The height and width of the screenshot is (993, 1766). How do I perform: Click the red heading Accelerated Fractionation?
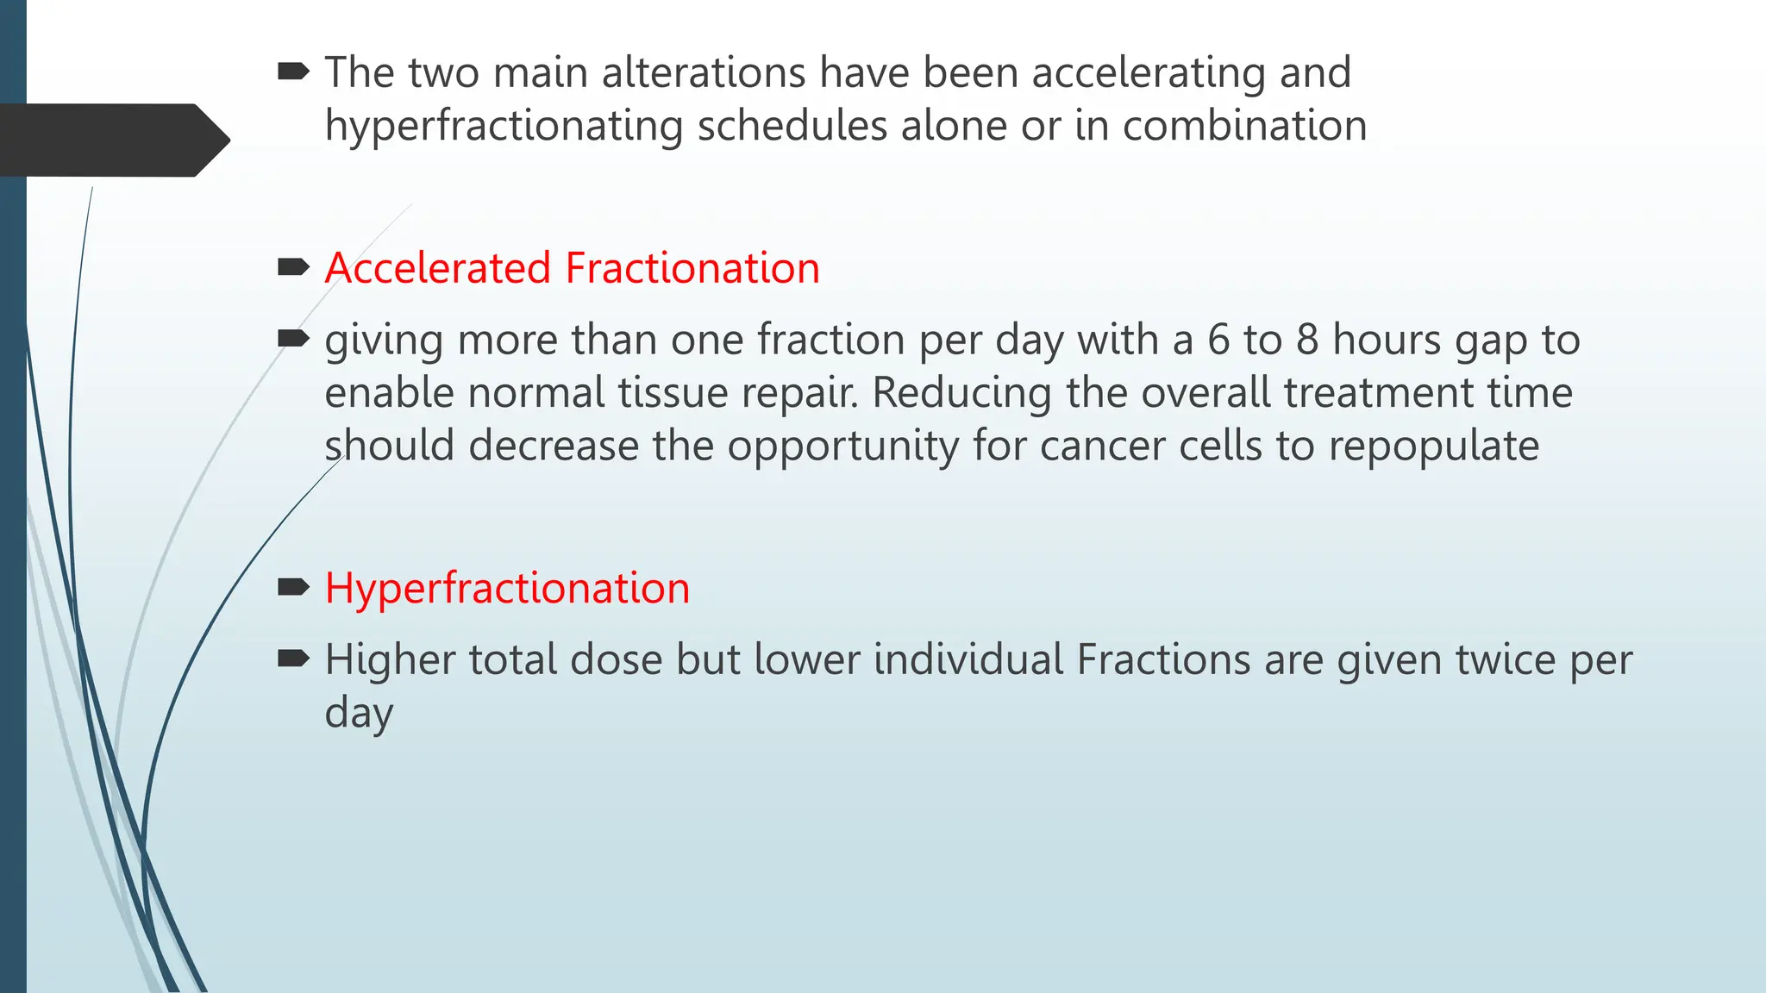[x=572, y=268]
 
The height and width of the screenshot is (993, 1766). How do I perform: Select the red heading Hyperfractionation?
[x=507, y=589]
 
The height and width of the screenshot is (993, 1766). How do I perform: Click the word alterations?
[x=704, y=72]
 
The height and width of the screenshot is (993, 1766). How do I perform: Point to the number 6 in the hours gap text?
[x=1218, y=340]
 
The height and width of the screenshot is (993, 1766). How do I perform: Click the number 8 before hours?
[x=1307, y=340]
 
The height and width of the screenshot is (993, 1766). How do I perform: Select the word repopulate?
[x=1433, y=447]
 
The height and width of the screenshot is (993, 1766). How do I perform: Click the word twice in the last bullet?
[x=1506, y=660]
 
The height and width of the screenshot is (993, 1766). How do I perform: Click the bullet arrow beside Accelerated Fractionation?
[x=293, y=267]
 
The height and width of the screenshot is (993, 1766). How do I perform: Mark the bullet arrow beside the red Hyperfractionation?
[x=293, y=588]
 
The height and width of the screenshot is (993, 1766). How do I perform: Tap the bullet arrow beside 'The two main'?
[x=293, y=72]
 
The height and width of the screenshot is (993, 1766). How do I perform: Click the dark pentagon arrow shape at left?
[x=112, y=141]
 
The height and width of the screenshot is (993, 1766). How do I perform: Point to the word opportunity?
[x=842, y=447]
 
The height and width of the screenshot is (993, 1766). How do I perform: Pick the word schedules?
[x=792, y=126]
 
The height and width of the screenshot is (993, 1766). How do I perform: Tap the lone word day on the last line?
[x=359, y=714]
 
